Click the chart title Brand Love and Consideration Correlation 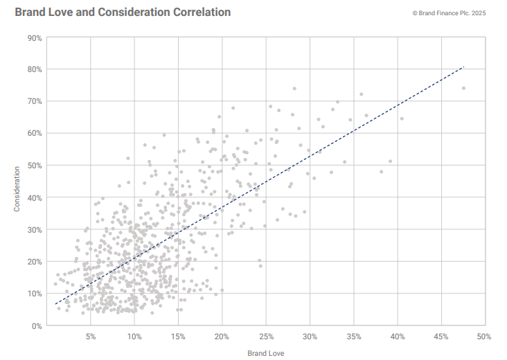click(x=123, y=12)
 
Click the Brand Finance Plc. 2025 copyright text click(x=450, y=13)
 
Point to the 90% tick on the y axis click(x=35, y=37)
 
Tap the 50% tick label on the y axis click(x=35, y=165)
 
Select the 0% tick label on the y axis click(x=37, y=325)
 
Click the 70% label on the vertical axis click(x=35, y=101)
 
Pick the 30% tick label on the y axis click(x=35, y=229)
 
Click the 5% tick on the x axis click(x=91, y=337)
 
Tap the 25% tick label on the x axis click(x=266, y=337)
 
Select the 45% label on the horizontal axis click(x=441, y=337)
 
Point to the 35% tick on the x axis click(x=353, y=337)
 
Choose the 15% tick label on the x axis click(x=178, y=337)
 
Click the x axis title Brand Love click(x=265, y=353)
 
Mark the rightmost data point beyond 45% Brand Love click(x=463, y=88)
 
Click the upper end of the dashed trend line click(x=463, y=67)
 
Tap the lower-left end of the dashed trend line click(x=55, y=304)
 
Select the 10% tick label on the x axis click(x=134, y=337)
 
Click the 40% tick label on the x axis click(x=398, y=337)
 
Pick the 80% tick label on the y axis click(x=35, y=69)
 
